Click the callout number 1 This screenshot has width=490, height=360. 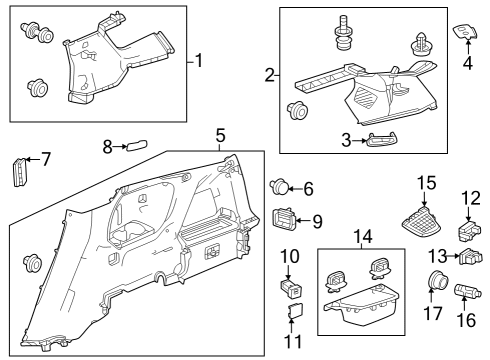[199, 61]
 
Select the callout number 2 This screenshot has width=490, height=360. [270, 75]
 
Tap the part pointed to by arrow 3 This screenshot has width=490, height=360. [382, 139]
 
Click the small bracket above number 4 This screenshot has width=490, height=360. [465, 33]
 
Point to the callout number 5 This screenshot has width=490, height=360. [220, 135]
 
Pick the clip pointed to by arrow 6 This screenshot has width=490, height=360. [279, 187]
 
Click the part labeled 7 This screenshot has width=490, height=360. [20, 171]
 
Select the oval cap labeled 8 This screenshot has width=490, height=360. [137, 146]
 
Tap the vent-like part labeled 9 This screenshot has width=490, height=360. [284, 218]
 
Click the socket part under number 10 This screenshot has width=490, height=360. [291, 288]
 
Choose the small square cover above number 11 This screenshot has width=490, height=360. [295, 311]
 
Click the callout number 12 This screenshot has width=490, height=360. [471, 198]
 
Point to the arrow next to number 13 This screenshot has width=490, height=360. [453, 256]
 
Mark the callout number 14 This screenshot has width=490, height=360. [363, 236]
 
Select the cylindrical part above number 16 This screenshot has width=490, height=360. [467, 290]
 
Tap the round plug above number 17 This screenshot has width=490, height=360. [438, 280]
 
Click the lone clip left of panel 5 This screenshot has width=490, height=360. [32, 262]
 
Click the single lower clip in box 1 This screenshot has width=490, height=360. [38, 88]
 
